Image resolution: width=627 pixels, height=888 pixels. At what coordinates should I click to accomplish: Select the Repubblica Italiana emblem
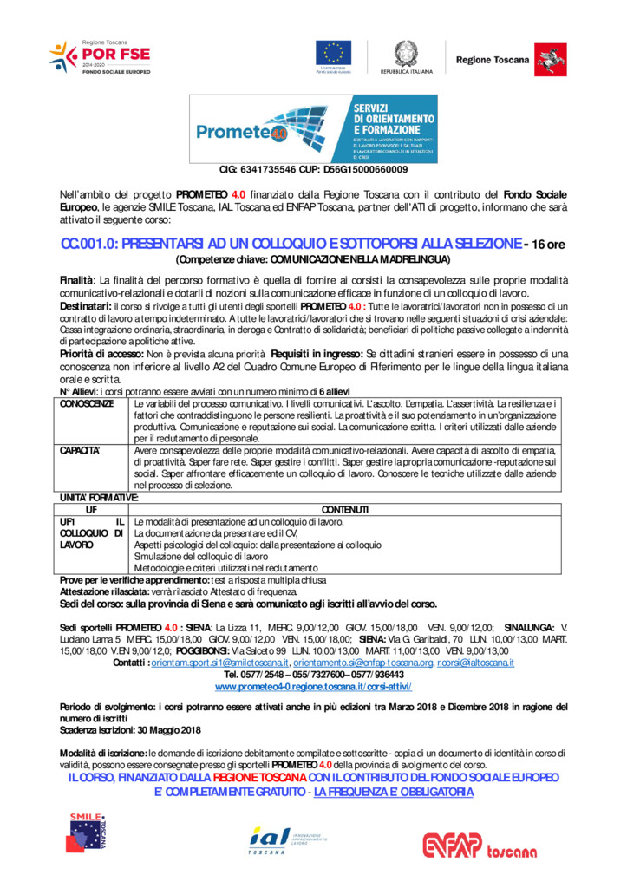pos(406,54)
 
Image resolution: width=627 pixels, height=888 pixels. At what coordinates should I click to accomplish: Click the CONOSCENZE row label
pos(86,404)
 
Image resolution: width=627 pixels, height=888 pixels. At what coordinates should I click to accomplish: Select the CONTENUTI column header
pos(344,509)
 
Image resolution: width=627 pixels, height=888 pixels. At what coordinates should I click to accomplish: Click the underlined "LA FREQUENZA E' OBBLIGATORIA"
pos(394,792)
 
